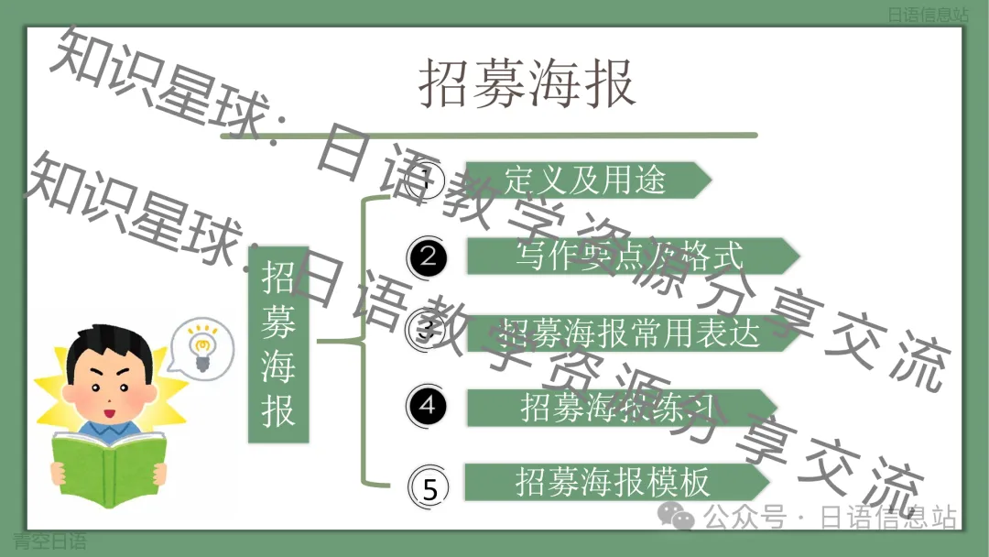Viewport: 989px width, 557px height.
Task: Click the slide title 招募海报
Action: [x=527, y=84]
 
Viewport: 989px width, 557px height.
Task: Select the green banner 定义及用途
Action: [x=586, y=180]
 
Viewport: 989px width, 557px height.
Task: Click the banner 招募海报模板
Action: [x=614, y=482]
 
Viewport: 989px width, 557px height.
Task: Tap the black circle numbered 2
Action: [x=428, y=257]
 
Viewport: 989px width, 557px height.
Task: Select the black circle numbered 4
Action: [x=428, y=404]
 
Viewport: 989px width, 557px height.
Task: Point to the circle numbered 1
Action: [x=425, y=180]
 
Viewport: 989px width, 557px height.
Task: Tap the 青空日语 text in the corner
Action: [x=49, y=541]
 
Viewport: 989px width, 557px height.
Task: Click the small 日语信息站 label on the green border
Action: [x=928, y=15]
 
